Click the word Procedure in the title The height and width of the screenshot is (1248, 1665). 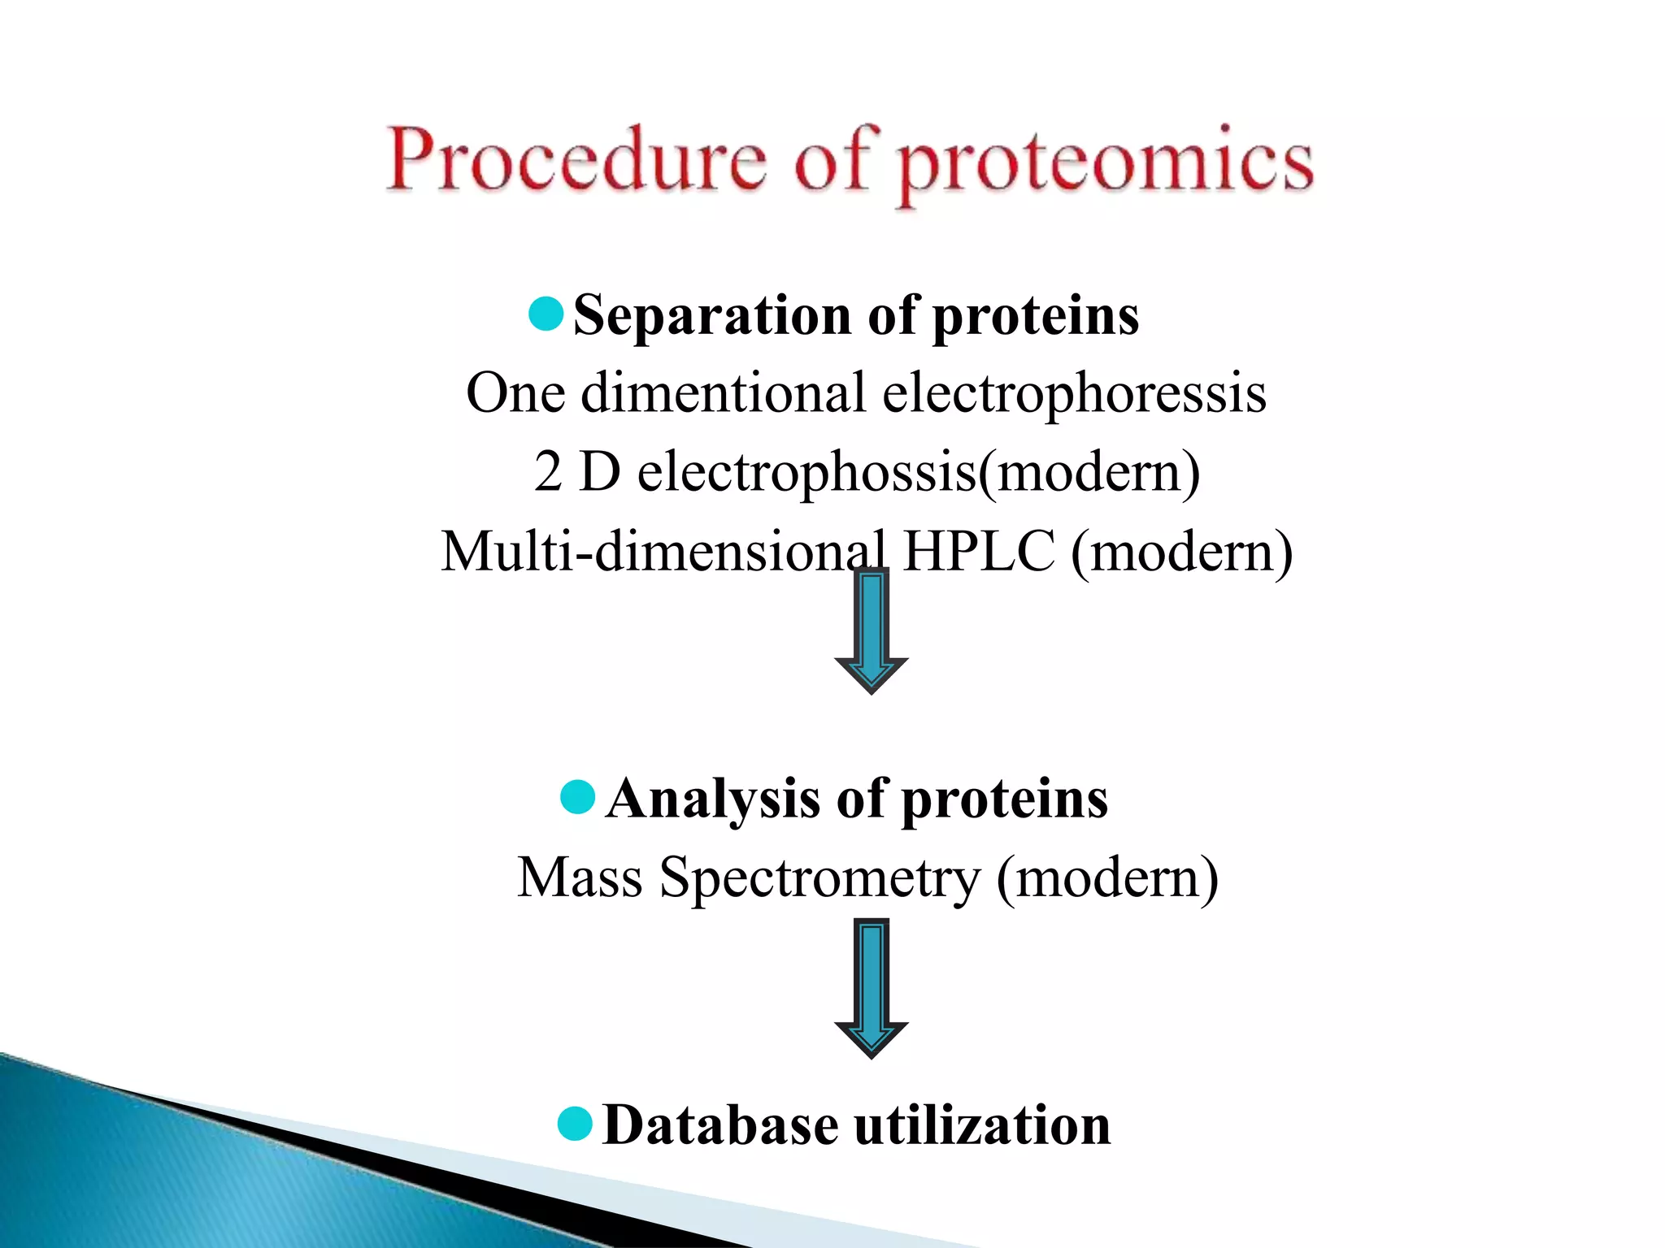click(x=576, y=160)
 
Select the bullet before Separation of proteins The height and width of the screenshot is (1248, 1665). click(x=546, y=314)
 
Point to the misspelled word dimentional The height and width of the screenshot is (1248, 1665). click(x=723, y=393)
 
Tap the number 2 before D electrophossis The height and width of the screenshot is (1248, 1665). click(x=548, y=472)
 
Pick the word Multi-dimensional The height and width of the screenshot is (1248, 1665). click(x=663, y=552)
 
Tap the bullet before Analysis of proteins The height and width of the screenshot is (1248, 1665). click(x=578, y=796)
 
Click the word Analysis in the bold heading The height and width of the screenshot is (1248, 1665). click(x=713, y=799)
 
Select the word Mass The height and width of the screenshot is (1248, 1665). click(x=580, y=878)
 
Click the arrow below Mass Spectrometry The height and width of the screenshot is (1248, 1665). click(x=871, y=987)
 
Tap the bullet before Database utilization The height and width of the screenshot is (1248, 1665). click(x=576, y=1124)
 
